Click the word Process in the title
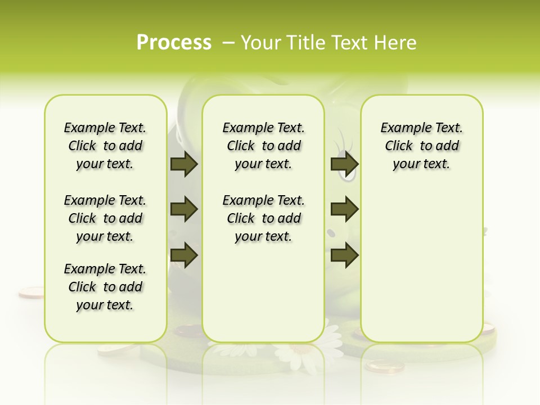[x=174, y=42]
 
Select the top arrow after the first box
[x=184, y=164]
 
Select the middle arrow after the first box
[x=184, y=209]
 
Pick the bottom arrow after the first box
[x=184, y=255]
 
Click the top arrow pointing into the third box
[x=344, y=164]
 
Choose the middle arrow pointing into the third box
[x=344, y=209]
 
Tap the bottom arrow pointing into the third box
[x=344, y=255]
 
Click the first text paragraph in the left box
[x=105, y=146]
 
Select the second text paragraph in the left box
[x=105, y=218]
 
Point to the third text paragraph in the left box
[x=105, y=287]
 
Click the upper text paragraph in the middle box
[x=263, y=146]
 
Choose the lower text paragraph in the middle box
[x=263, y=218]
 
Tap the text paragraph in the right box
[x=421, y=146]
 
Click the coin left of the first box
[x=30, y=292]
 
